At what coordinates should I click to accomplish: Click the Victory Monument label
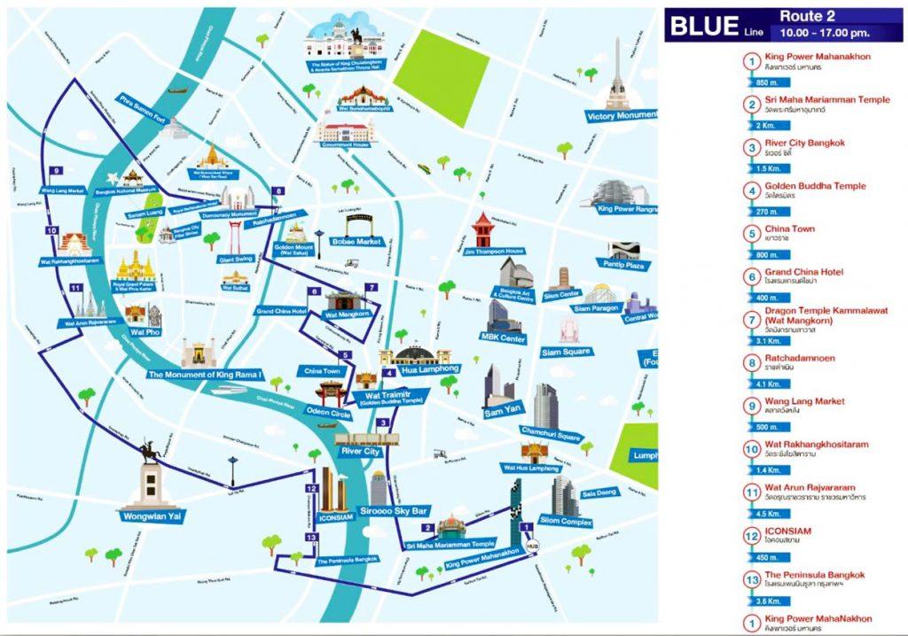click(622, 116)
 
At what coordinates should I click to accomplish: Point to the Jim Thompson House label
click(494, 251)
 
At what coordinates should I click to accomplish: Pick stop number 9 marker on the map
click(56, 170)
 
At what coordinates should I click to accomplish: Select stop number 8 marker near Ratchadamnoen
click(278, 190)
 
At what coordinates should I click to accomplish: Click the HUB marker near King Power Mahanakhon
click(531, 547)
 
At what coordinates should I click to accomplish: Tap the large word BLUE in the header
click(703, 25)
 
